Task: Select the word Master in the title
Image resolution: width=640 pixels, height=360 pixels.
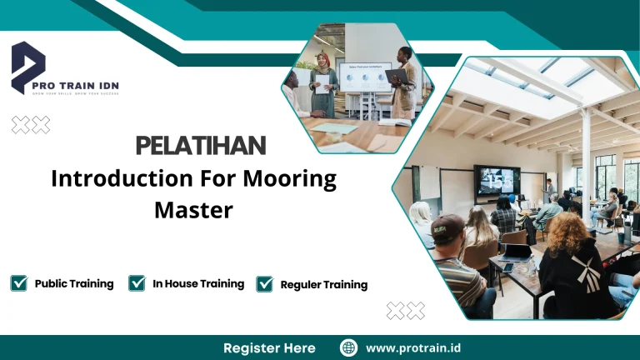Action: [x=193, y=209]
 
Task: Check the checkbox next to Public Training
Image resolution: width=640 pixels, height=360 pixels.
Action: [x=19, y=283]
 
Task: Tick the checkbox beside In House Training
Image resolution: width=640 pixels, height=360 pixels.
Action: [x=137, y=283]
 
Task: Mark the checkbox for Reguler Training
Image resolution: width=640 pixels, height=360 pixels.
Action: [x=265, y=284]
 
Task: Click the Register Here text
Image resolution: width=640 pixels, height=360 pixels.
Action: [x=269, y=348]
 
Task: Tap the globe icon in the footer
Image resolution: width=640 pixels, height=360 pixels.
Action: [x=349, y=348]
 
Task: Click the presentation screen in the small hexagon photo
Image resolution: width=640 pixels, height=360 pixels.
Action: [x=364, y=77]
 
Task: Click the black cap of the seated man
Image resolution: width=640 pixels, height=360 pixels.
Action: [x=447, y=224]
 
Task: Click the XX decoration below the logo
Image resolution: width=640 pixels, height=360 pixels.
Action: [x=31, y=125]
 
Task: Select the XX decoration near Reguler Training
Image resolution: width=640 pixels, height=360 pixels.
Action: [x=406, y=311]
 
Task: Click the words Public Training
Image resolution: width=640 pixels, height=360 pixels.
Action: [x=74, y=284]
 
